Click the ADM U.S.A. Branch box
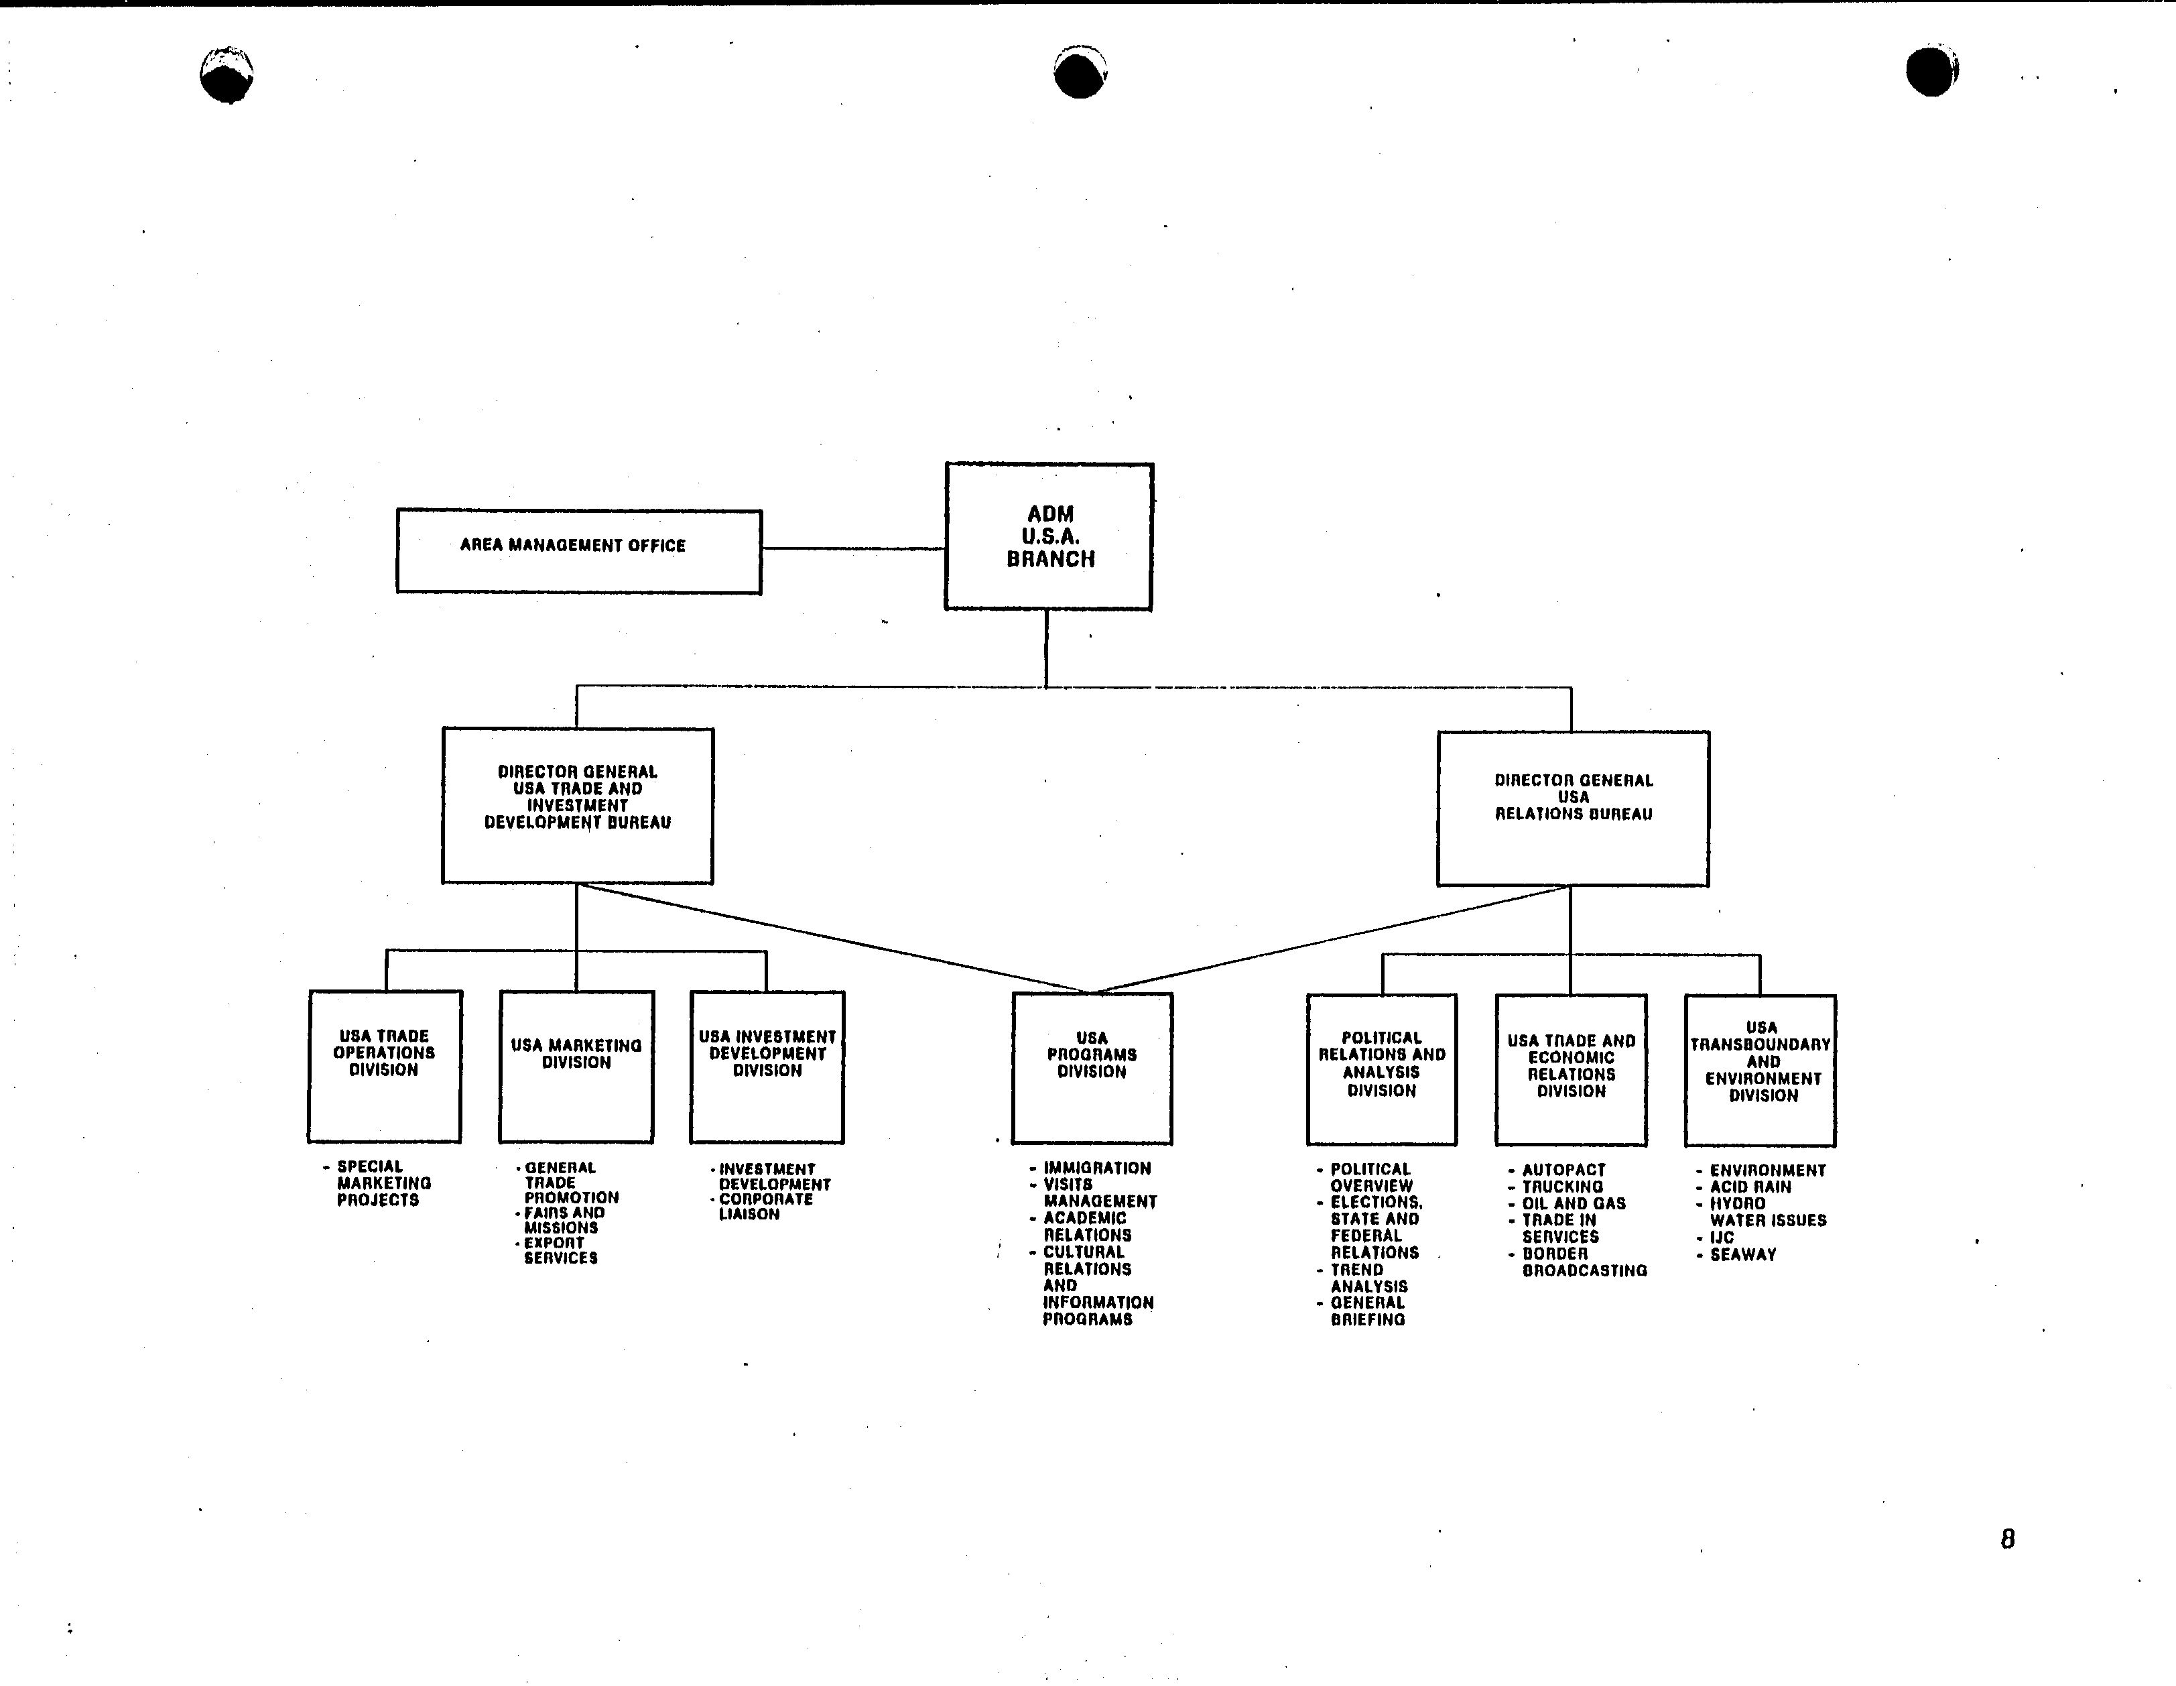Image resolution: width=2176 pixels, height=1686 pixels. tap(1049, 536)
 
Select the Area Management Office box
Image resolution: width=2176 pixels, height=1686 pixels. tap(579, 551)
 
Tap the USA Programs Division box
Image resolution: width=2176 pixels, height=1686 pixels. tap(1092, 1068)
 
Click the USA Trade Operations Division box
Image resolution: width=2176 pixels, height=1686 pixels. tap(385, 1065)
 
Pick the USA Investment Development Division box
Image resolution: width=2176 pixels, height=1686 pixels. tap(767, 1066)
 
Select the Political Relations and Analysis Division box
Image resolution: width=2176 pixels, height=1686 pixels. tap(1382, 1069)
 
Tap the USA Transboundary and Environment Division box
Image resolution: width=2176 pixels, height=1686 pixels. tap(1761, 1070)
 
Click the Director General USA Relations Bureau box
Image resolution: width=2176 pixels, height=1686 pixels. tap(1574, 808)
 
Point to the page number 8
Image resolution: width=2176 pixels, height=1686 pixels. tap(2008, 1539)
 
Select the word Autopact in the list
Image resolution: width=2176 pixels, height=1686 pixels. tap(1563, 1170)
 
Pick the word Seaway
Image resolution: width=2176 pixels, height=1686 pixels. tap(1744, 1254)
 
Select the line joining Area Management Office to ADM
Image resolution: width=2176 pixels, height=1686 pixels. tap(854, 548)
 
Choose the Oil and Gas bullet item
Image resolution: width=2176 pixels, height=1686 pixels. tap(1567, 1204)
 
